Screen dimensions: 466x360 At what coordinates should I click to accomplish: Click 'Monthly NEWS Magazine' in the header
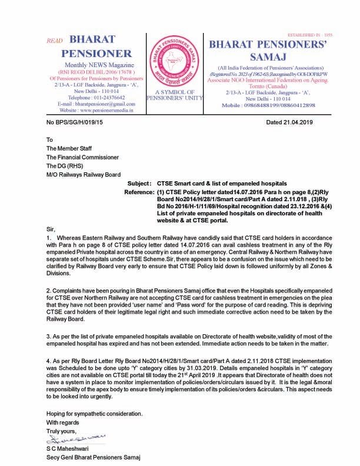(x=96, y=64)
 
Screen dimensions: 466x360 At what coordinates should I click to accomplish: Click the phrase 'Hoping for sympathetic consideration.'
(x=94, y=414)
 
